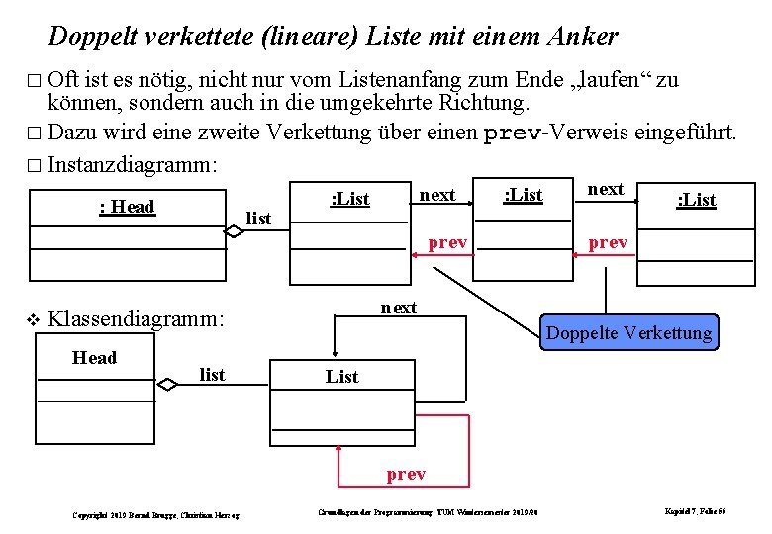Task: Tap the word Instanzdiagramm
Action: (133, 163)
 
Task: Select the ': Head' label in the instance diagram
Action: (128, 206)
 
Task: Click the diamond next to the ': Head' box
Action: (233, 231)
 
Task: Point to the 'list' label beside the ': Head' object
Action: (258, 218)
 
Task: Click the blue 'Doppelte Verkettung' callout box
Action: (628, 332)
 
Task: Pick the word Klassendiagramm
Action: (137, 318)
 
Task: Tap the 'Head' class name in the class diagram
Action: (95, 357)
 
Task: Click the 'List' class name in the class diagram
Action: (342, 376)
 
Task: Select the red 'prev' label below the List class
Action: (406, 474)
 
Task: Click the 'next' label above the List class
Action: (399, 308)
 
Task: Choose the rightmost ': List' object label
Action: (696, 199)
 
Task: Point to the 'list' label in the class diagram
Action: (212, 374)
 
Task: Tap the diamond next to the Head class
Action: (169, 385)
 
